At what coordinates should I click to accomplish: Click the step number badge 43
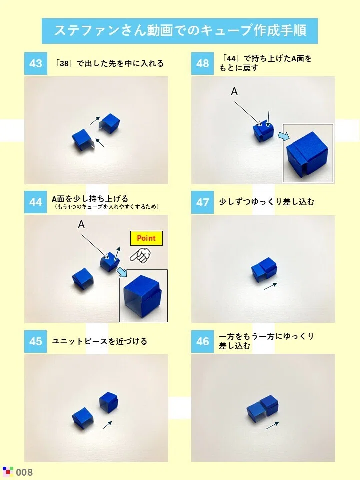36,63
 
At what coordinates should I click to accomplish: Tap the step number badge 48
202,63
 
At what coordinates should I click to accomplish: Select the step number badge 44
36,202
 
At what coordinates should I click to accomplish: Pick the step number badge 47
202,202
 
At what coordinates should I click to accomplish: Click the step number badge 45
36,341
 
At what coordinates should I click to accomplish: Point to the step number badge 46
202,341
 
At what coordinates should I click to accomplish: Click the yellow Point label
146,238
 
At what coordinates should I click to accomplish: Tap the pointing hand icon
141,256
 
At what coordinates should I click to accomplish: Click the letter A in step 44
81,225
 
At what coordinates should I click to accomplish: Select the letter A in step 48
234,91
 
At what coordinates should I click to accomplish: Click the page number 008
24,472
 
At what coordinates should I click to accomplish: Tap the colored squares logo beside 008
8,471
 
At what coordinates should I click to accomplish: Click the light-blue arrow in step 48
284,136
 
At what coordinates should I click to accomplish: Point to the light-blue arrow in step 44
122,272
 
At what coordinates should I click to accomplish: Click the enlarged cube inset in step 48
308,153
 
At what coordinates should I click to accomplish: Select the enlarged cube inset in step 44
143,295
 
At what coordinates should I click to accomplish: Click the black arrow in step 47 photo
270,286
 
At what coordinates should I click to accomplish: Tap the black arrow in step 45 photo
107,425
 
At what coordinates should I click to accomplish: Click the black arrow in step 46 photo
273,425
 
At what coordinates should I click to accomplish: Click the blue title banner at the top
180,31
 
